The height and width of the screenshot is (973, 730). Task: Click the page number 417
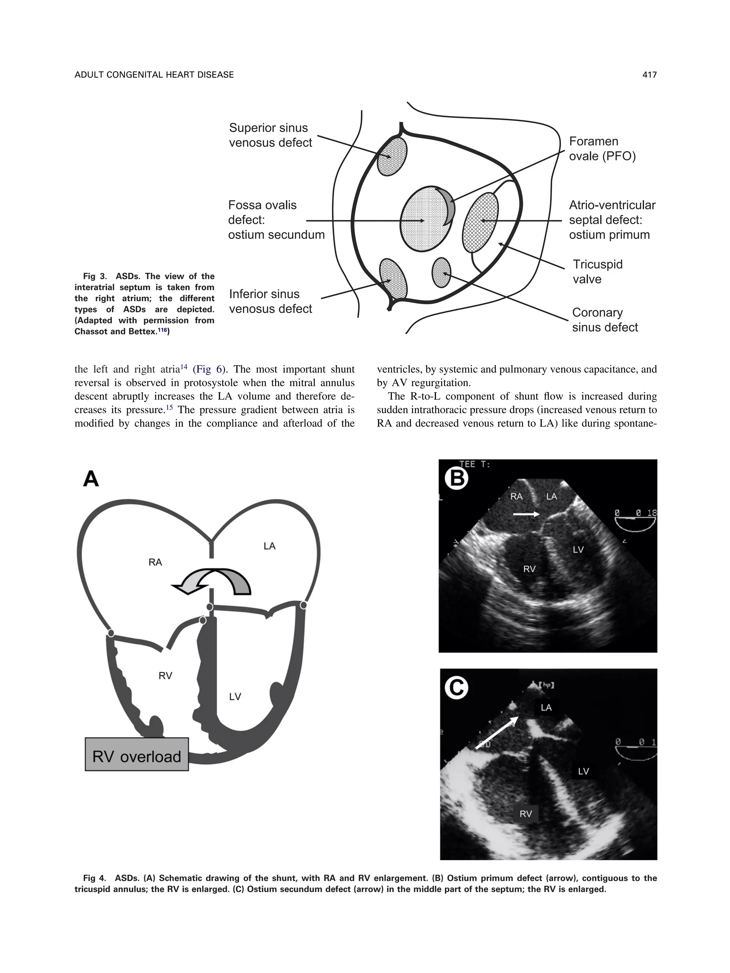[x=649, y=75]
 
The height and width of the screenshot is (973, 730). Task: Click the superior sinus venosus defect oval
[x=392, y=157]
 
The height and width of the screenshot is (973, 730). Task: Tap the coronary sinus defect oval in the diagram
[x=441, y=272]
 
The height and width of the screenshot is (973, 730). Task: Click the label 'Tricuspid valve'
[x=597, y=271]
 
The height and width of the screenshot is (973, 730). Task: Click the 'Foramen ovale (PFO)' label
[x=602, y=149]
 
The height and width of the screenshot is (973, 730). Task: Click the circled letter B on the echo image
[x=456, y=478]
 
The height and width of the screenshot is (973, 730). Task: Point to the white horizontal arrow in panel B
[x=526, y=514]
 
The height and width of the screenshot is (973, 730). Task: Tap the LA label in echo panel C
[x=546, y=707]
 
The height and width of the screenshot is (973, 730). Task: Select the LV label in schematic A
[x=235, y=696]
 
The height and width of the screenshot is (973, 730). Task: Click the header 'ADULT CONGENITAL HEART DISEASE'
[x=154, y=75]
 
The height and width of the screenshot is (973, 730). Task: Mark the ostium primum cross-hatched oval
[x=480, y=222]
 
